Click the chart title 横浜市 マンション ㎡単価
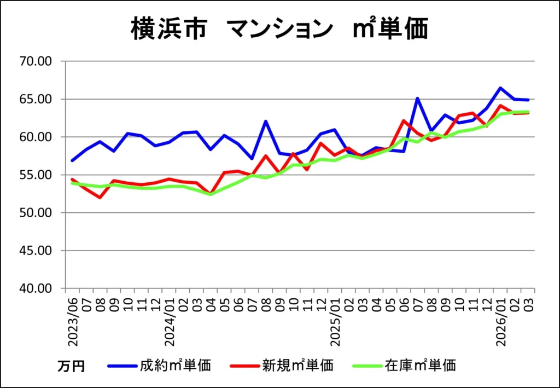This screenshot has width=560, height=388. click(279, 28)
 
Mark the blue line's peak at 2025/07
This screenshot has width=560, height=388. click(418, 99)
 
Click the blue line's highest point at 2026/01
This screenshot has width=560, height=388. click(500, 88)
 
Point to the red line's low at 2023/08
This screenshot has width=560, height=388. click(100, 198)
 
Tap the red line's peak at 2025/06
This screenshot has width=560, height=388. click(404, 120)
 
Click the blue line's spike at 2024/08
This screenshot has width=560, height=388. click(266, 121)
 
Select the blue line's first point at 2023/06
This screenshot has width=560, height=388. click(72, 160)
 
